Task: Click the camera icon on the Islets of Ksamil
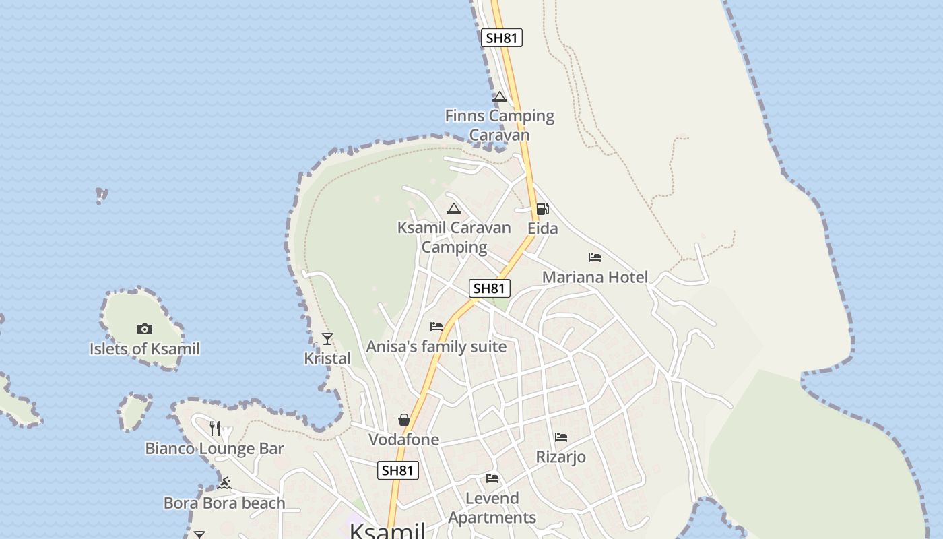[145, 329]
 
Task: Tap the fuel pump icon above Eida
[542, 209]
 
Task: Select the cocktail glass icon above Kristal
[327, 339]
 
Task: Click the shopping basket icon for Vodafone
[404, 420]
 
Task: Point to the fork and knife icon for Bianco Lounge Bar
[215, 428]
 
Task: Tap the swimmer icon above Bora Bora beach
[225, 483]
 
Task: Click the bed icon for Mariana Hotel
[594, 257]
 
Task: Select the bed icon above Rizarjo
[560, 437]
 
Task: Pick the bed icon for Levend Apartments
[492, 478]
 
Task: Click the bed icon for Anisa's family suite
[436, 327]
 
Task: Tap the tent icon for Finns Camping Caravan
[499, 97]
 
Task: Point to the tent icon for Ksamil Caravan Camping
[454, 208]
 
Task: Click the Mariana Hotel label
[595, 277]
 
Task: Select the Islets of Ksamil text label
[145, 349]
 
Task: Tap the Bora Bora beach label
[224, 503]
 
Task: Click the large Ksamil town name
[387, 530]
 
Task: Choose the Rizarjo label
[560, 457]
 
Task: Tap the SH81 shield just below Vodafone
[398, 470]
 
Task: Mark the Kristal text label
[327, 358]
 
